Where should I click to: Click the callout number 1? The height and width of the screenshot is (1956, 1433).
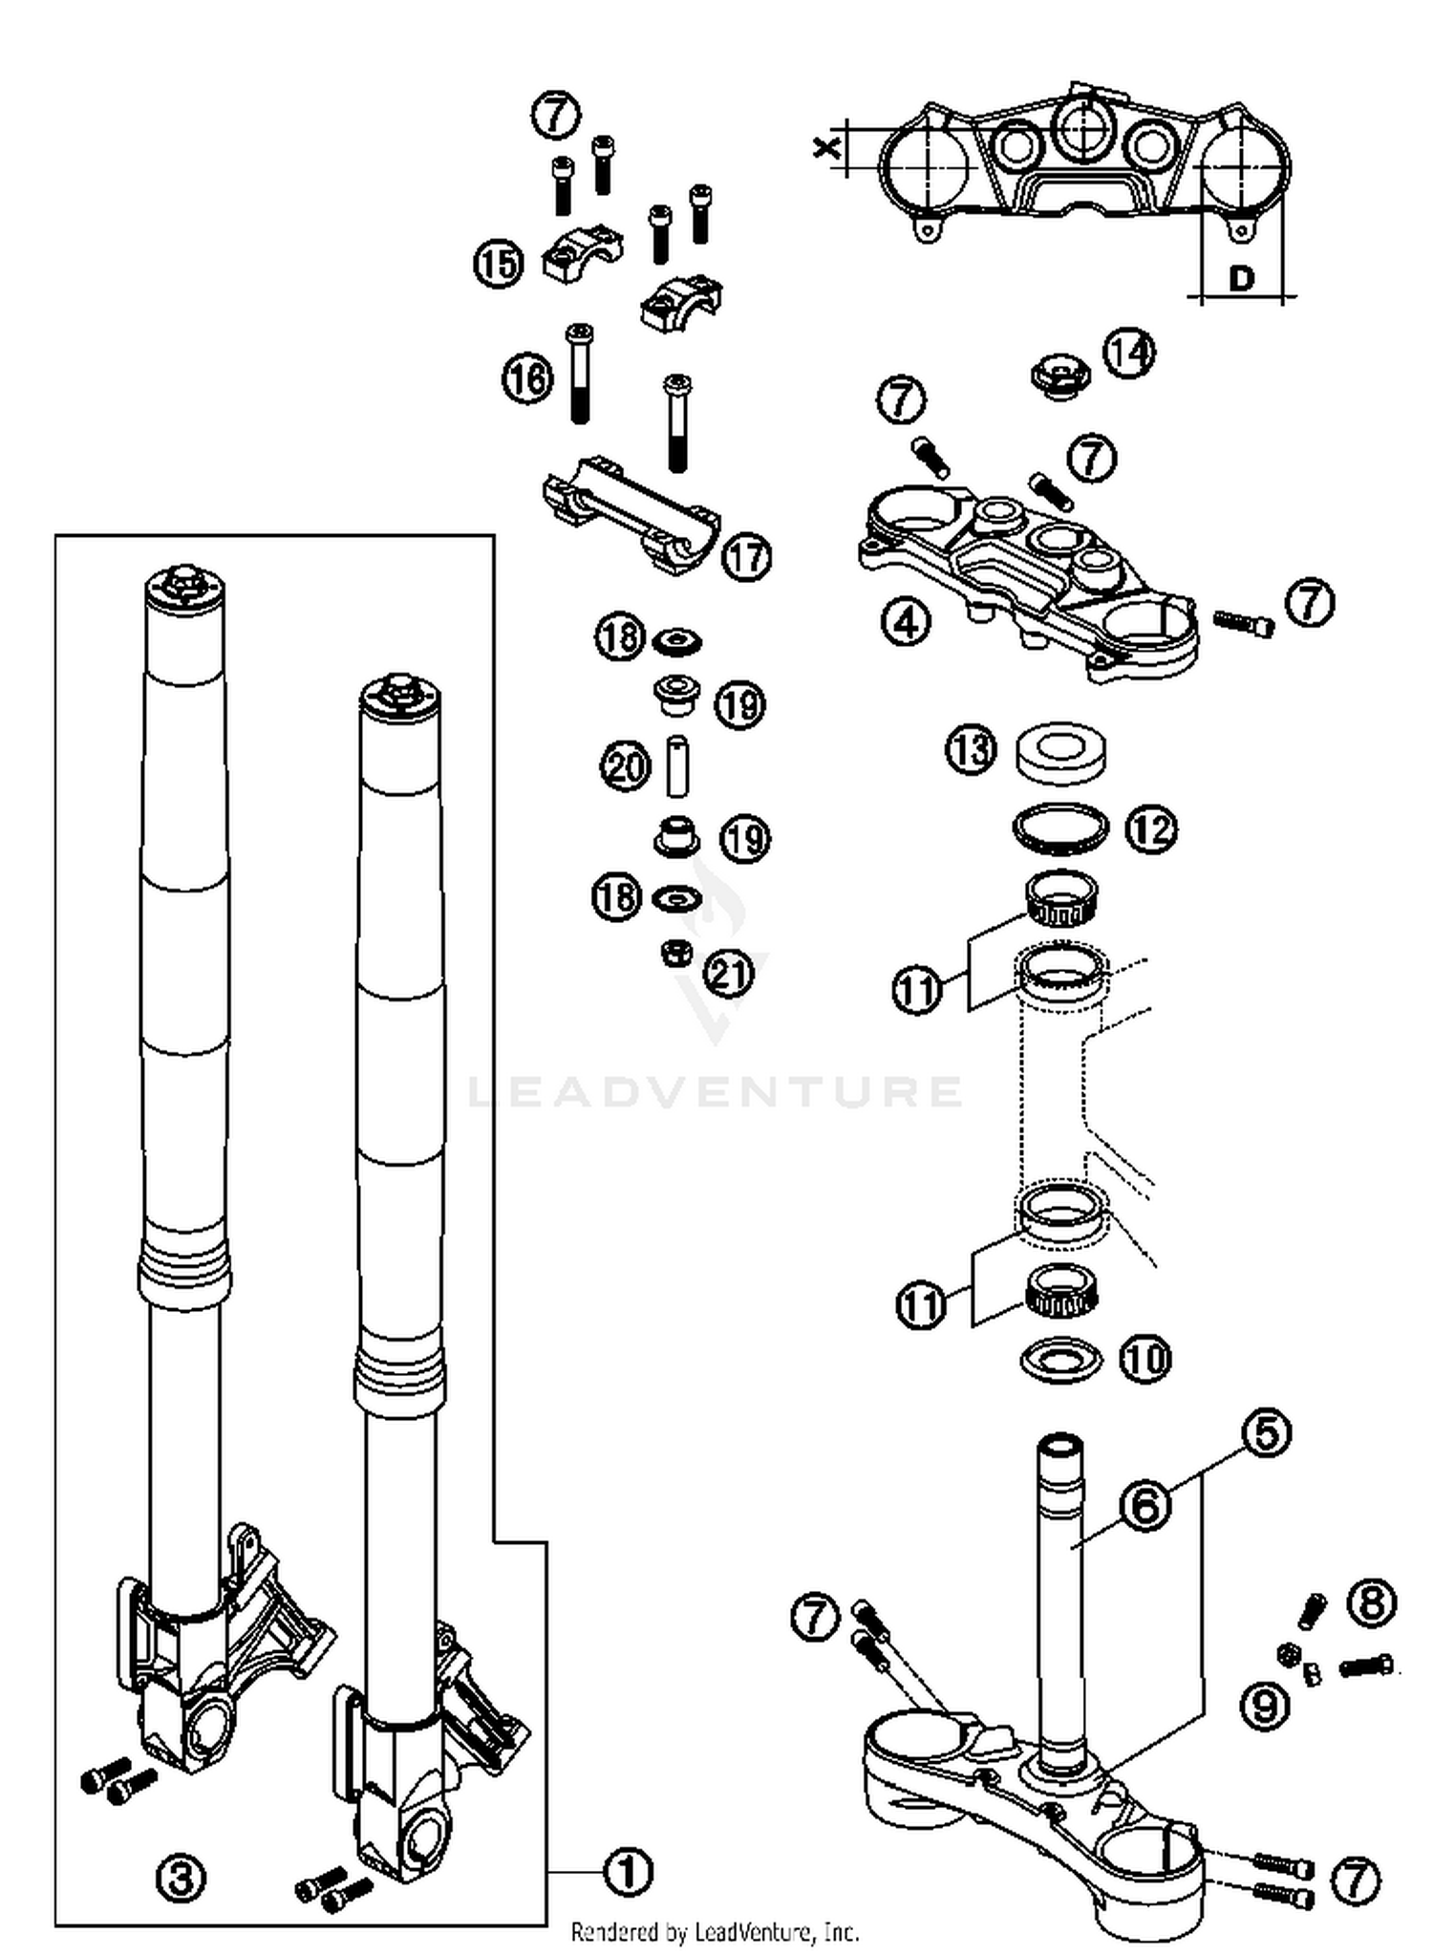coord(628,1870)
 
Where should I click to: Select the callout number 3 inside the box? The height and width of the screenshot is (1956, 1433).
coord(181,1879)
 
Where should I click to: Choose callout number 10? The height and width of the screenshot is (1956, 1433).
coord(1144,1358)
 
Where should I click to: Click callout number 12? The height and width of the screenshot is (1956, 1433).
coord(1151,829)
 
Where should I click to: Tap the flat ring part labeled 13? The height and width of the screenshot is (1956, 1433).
coord(1060,748)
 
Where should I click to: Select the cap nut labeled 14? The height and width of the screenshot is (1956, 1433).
coord(1059,374)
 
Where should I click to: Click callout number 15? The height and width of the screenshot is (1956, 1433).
coord(499,263)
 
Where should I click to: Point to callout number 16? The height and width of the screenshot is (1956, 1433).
coord(527,378)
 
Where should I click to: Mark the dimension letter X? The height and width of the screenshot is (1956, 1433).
coord(827,148)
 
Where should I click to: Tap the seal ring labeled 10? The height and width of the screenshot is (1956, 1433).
coord(1060,1359)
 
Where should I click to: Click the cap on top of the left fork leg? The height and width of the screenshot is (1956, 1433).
coord(185,584)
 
